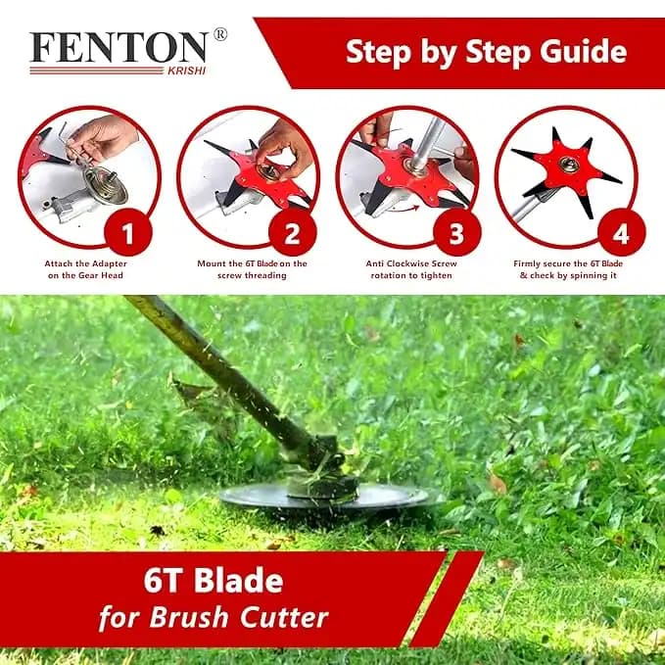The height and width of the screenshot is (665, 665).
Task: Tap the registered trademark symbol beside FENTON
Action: point(220,34)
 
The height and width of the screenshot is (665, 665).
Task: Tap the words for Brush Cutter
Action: point(213,619)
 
